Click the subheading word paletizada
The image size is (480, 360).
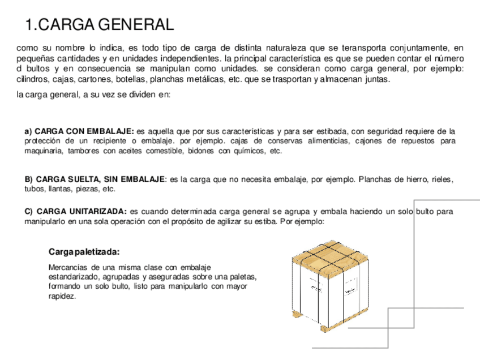click(98, 251)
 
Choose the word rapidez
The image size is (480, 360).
click(62, 296)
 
